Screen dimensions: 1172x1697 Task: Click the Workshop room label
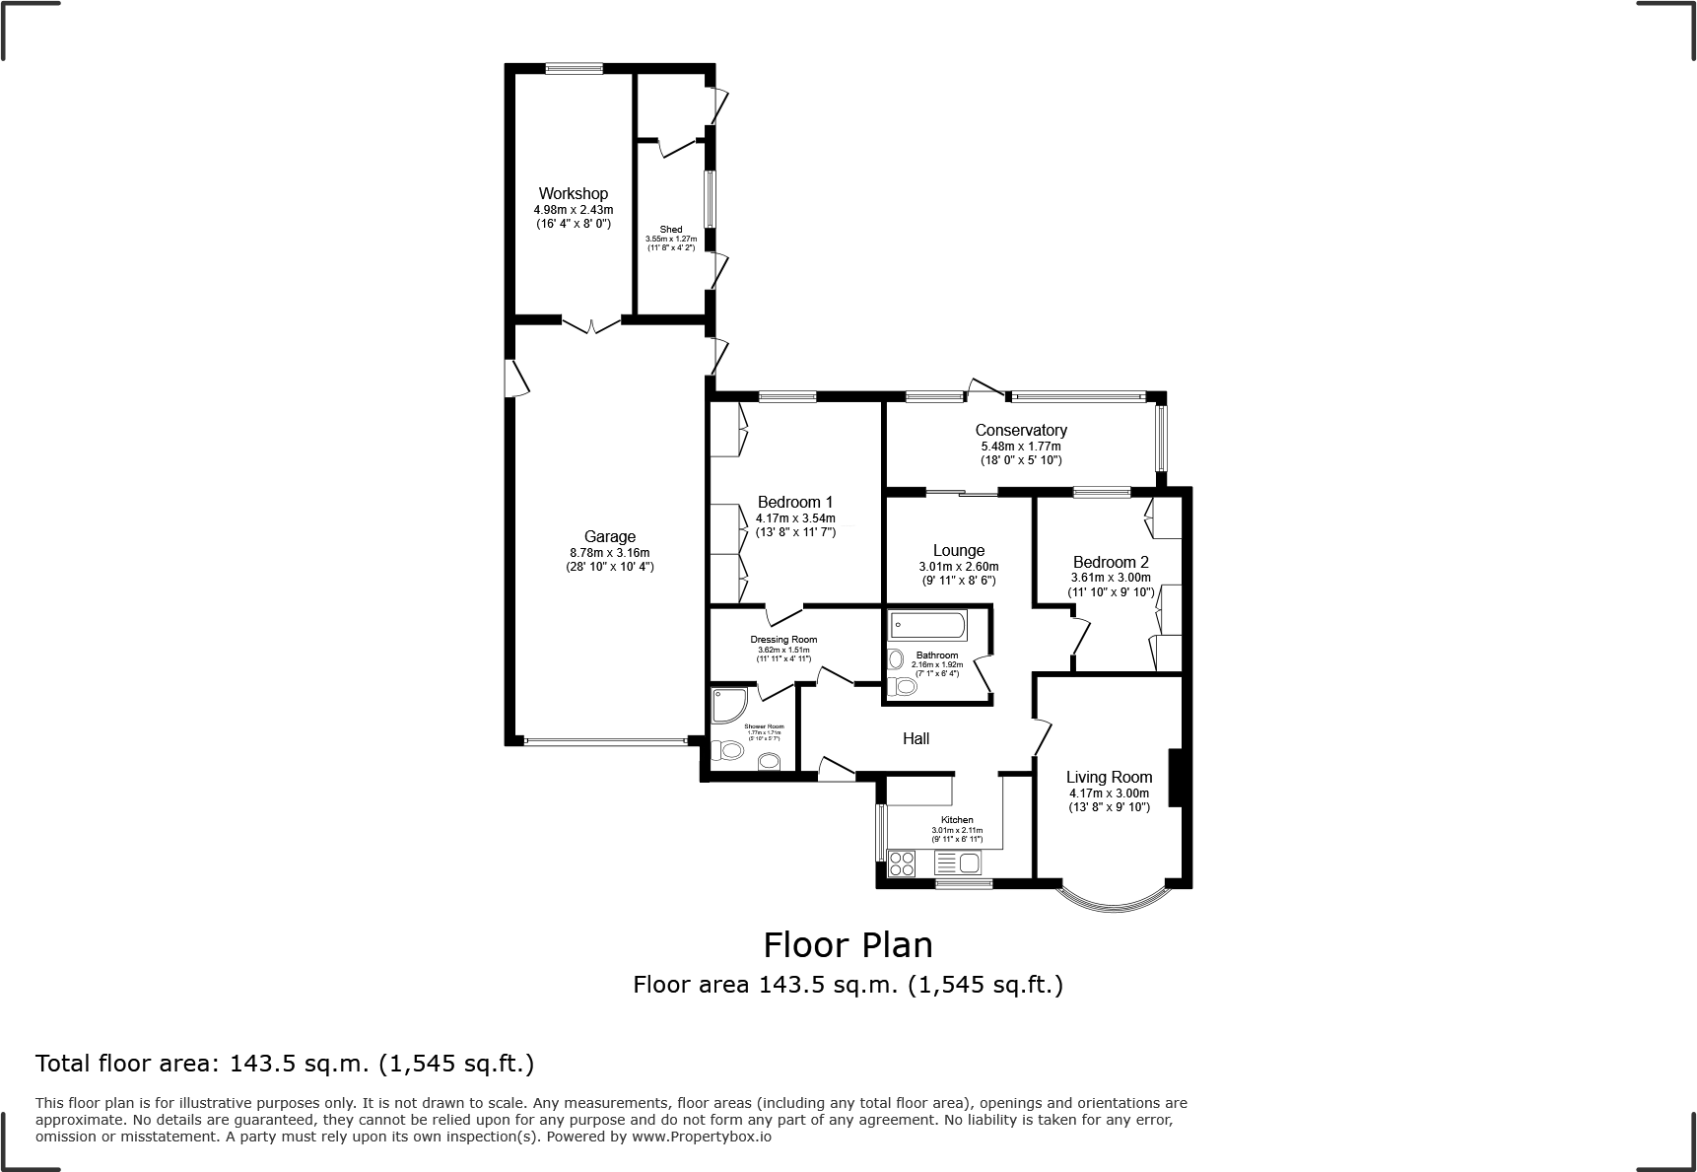coord(573,193)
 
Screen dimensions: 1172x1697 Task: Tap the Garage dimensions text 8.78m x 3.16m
coord(609,553)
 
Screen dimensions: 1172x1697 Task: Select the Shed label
coord(670,230)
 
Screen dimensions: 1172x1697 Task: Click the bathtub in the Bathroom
coord(927,625)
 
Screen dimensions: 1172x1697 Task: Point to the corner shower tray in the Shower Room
coord(729,706)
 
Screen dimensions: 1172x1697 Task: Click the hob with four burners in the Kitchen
coord(901,864)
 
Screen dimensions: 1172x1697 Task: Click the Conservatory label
coord(1021,430)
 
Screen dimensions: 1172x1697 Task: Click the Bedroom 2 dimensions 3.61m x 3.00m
coord(1110,578)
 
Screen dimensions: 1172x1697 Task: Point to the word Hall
coord(916,738)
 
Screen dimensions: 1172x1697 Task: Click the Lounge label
coord(958,550)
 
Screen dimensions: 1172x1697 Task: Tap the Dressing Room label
coord(783,640)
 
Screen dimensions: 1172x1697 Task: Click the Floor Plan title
coord(848,944)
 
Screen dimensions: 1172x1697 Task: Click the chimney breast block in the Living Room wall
coord(1175,779)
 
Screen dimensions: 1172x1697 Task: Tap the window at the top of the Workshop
coord(575,68)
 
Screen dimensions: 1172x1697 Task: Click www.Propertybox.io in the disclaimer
coord(701,1137)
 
